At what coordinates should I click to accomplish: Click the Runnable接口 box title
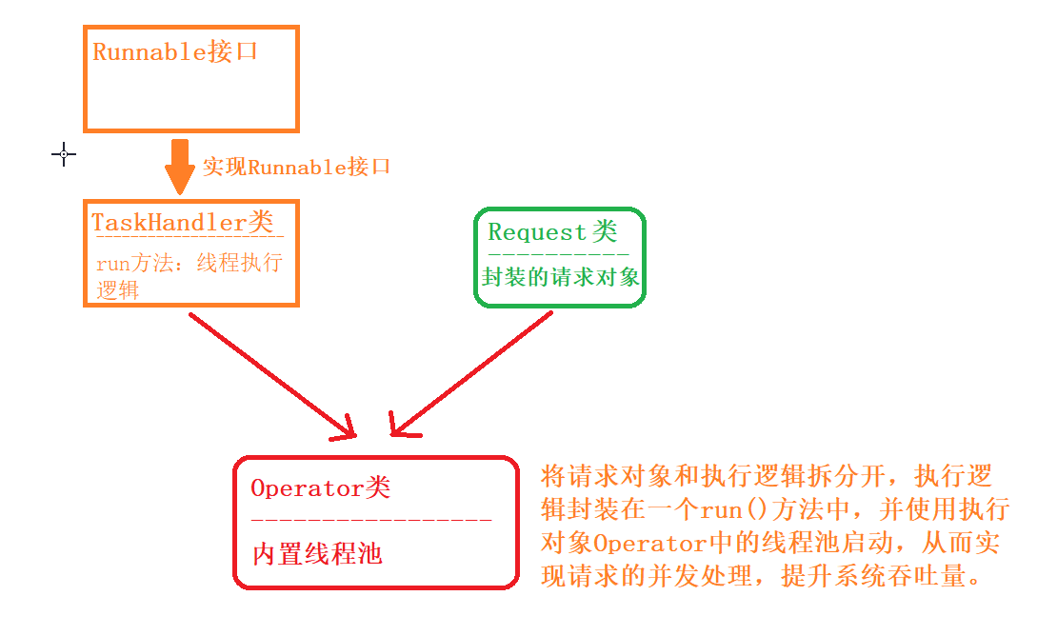175,51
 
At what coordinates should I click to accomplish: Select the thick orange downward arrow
179,167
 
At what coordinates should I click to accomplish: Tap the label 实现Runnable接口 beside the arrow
297,167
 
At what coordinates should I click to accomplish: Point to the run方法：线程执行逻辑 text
189,276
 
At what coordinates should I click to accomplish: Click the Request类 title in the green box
552,231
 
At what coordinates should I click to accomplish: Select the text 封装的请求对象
560,277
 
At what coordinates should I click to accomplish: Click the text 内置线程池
317,554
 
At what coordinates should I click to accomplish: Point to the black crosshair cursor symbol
64,153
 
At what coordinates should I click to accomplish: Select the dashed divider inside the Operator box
371,521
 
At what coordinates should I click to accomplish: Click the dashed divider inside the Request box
559,254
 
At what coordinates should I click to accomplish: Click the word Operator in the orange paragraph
652,543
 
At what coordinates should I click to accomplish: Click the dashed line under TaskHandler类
188,237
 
